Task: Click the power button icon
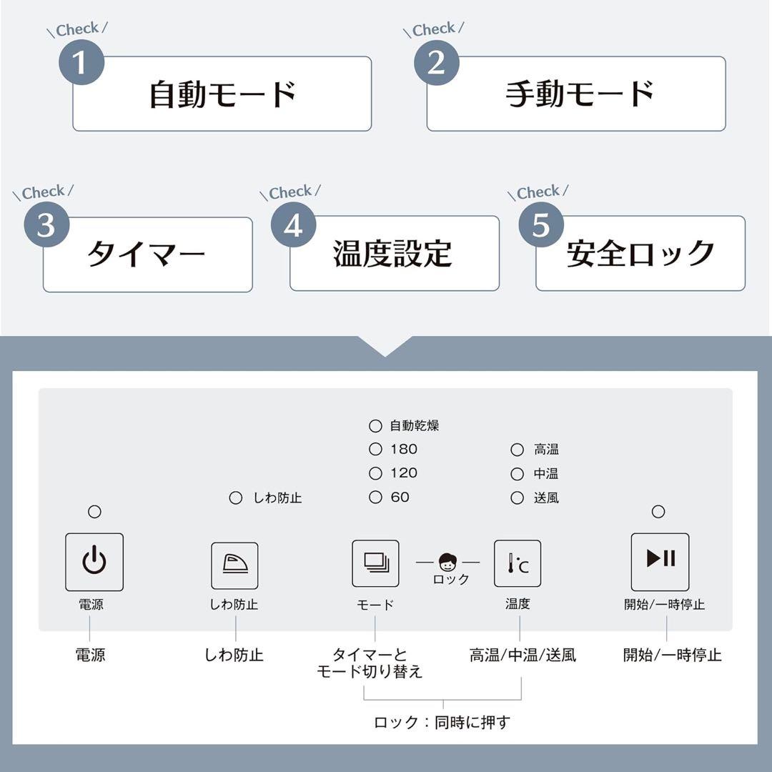coord(94,562)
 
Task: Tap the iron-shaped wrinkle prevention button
coord(234,565)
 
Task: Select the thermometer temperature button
coord(518,563)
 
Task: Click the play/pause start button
coord(660,562)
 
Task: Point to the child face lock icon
coord(447,562)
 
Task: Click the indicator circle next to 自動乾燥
coord(375,426)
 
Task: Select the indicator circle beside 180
coord(375,450)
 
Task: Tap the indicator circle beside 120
coord(375,473)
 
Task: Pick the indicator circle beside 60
coord(375,498)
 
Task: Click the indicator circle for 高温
coord(517,450)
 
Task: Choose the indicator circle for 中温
coord(517,474)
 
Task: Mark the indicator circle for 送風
coord(517,498)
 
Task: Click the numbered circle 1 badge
coord(81,63)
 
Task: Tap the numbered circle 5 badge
coord(541,225)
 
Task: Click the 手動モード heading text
coord(579,94)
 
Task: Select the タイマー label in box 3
coord(147,254)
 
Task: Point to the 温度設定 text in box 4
coord(392,254)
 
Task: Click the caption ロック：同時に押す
coord(442,722)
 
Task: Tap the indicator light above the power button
coord(94,512)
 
